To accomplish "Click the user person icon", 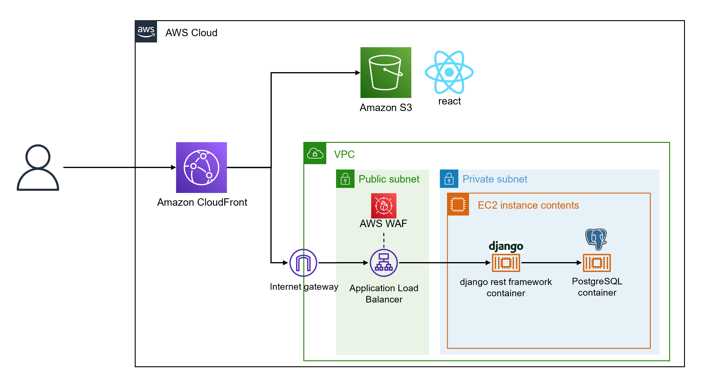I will tap(38, 167).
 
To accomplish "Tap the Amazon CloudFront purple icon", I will tap(201, 167).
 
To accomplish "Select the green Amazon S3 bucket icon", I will tap(386, 72).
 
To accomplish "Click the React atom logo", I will tap(449, 72).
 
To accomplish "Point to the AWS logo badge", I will tap(146, 31).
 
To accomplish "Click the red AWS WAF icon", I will tap(384, 206).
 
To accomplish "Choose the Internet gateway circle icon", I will tap(303, 263).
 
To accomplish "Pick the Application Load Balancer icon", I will tap(384, 263).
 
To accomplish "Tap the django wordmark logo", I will tap(506, 246).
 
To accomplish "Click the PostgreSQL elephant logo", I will tap(596, 239).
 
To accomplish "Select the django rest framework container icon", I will tap(506, 263).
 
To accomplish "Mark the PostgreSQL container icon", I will tap(597, 263).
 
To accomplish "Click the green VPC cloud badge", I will tap(315, 153).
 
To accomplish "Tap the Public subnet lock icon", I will tap(345, 179).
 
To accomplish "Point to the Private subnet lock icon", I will tap(449, 179).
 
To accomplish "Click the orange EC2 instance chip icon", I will tap(458, 204).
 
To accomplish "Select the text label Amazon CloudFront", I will tap(202, 202).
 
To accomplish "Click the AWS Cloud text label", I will tap(191, 33).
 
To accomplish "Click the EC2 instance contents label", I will tap(528, 205).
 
